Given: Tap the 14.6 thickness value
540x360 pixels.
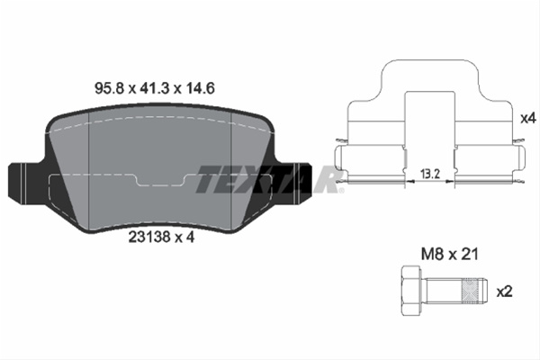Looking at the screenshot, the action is coord(201,88).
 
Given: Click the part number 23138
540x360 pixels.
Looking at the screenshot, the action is coord(149,237).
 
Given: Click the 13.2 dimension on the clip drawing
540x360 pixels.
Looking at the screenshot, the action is coord(430,174).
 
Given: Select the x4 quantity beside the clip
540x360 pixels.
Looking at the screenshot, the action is coord(528,119).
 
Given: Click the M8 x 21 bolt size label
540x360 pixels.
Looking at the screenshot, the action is coord(450,254).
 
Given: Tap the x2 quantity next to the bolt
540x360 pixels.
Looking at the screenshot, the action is coord(505,292).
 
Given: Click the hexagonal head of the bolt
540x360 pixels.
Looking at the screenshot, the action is coord(411,290).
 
